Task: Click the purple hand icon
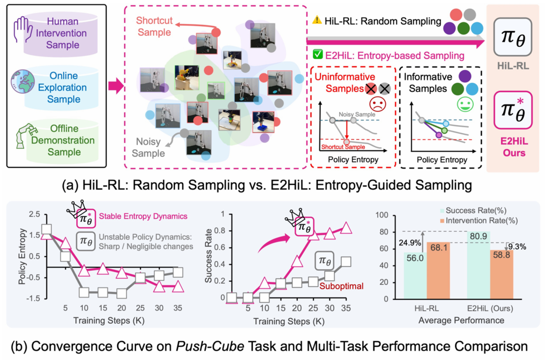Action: click(x=23, y=29)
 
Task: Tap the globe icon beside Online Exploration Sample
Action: click(x=23, y=82)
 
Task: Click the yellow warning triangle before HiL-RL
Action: click(x=317, y=20)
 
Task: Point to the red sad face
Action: click(x=378, y=104)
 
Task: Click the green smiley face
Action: click(x=465, y=104)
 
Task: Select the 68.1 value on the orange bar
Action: click(x=439, y=248)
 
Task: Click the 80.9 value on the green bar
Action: click(x=478, y=236)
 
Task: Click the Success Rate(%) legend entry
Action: click(x=473, y=210)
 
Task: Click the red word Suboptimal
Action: click(x=341, y=286)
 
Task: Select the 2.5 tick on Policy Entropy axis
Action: click(x=34, y=214)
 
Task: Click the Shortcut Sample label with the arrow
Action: click(x=154, y=26)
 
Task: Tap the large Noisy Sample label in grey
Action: click(x=148, y=148)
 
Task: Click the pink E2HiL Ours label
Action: click(x=514, y=147)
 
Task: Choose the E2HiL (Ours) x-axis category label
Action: click(x=490, y=308)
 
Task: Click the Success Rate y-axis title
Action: click(x=208, y=256)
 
